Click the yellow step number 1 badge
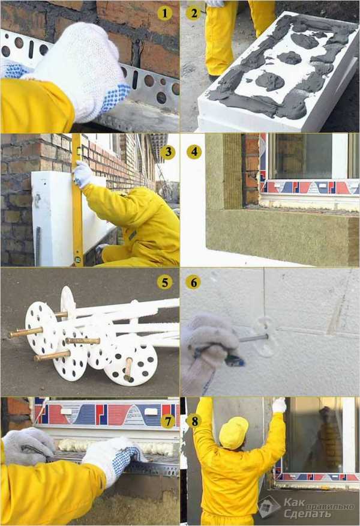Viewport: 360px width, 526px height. [164, 13]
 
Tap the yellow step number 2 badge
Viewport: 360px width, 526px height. [194, 13]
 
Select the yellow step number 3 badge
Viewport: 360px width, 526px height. [168, 152]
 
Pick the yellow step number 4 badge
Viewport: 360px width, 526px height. [194, 152]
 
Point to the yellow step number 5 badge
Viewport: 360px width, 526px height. [165, 282]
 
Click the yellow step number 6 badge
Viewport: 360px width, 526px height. [193, 282]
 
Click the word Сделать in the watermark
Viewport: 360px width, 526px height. [307, 513]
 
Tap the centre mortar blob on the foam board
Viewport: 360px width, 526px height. [290, 58]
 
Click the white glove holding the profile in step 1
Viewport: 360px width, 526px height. [80, 70]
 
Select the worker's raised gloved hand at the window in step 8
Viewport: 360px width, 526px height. [279, 405]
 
